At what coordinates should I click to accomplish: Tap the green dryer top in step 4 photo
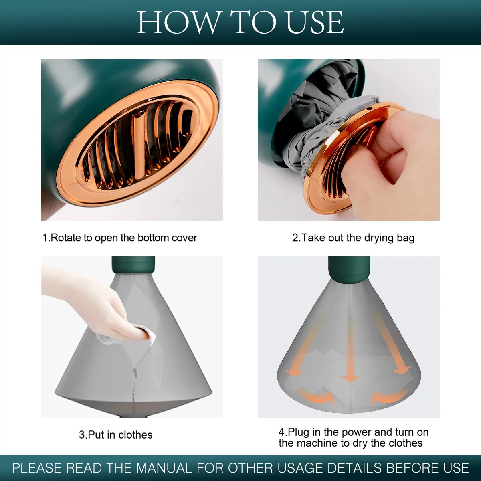[x=349, y=270]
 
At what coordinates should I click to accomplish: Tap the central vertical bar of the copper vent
[x=140, y=142]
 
